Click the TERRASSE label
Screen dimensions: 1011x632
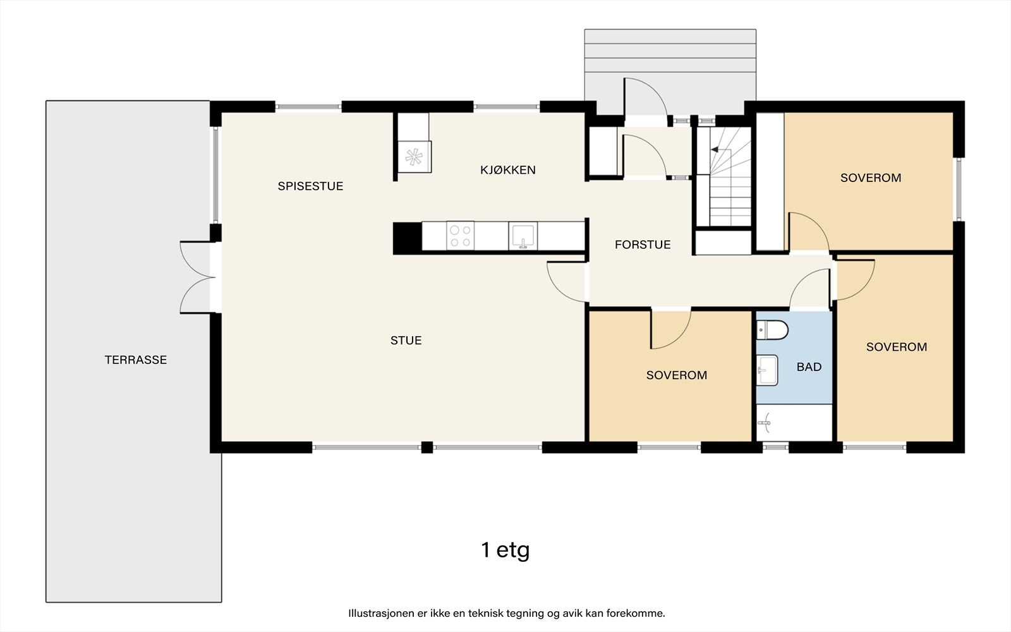pyautogui.click(x=136, y=360)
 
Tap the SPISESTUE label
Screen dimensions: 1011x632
pyautogui.click(x=310, y=186)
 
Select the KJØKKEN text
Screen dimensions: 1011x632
pyautogui.click(x=508, y=170)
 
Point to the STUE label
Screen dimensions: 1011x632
pyautogui.click(x=406, y=341)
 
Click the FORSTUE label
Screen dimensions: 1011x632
pyautogui.click(x=643, y=245)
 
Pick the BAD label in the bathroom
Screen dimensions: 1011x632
pyautogui.click(x=809, y=367)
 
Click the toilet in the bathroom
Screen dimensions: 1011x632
pyautogui.click(x=772, y=329)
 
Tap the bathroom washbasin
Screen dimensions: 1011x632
pyautogui.click(x=767, y=370)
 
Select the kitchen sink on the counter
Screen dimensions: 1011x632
pyautogui.click(x=523, y=236)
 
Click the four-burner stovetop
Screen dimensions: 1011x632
pyautogui.click(x=461, y=236)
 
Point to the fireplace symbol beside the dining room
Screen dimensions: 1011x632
pyautogui.click(x=415, y=157)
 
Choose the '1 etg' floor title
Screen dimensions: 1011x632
pyautogui.click(x=505, y=550)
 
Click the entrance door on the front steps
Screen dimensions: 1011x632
pyautogui.click(x=645, y=100)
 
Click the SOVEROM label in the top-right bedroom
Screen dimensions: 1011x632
pyautogui.click(x=871, y=178)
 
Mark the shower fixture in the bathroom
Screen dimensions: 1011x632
pyautogui.click(x=765, y=423)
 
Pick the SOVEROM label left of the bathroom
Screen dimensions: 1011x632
pyautogui.click(x=677, y=375)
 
